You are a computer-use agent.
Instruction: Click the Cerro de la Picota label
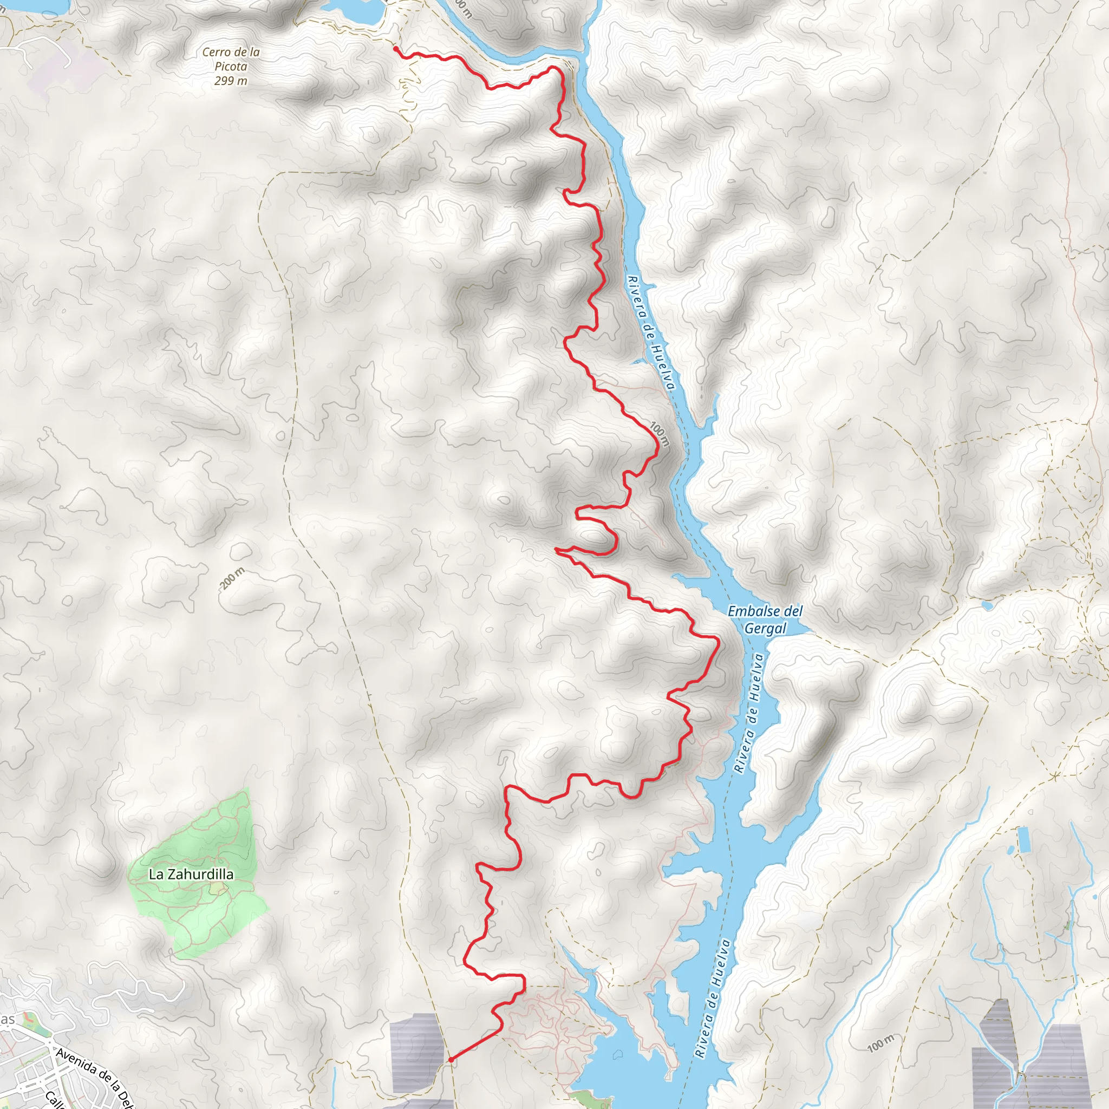coord(231,59)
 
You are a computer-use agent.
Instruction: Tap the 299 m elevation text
coord(231,81)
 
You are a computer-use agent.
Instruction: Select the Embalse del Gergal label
coord(765,619)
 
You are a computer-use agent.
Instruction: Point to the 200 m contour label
coord(232,578)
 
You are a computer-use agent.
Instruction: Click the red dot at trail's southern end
coord(451,1060)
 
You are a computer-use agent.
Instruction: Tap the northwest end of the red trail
coord(395,48)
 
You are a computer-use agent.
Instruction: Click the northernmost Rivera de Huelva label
coord(650,333)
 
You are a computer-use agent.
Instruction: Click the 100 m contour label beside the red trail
coord(660,434)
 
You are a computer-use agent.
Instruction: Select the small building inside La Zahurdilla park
coord(218,889)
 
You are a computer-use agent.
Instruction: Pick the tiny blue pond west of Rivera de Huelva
coord(638,362)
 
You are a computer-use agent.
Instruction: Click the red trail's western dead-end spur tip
coord(556,549)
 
